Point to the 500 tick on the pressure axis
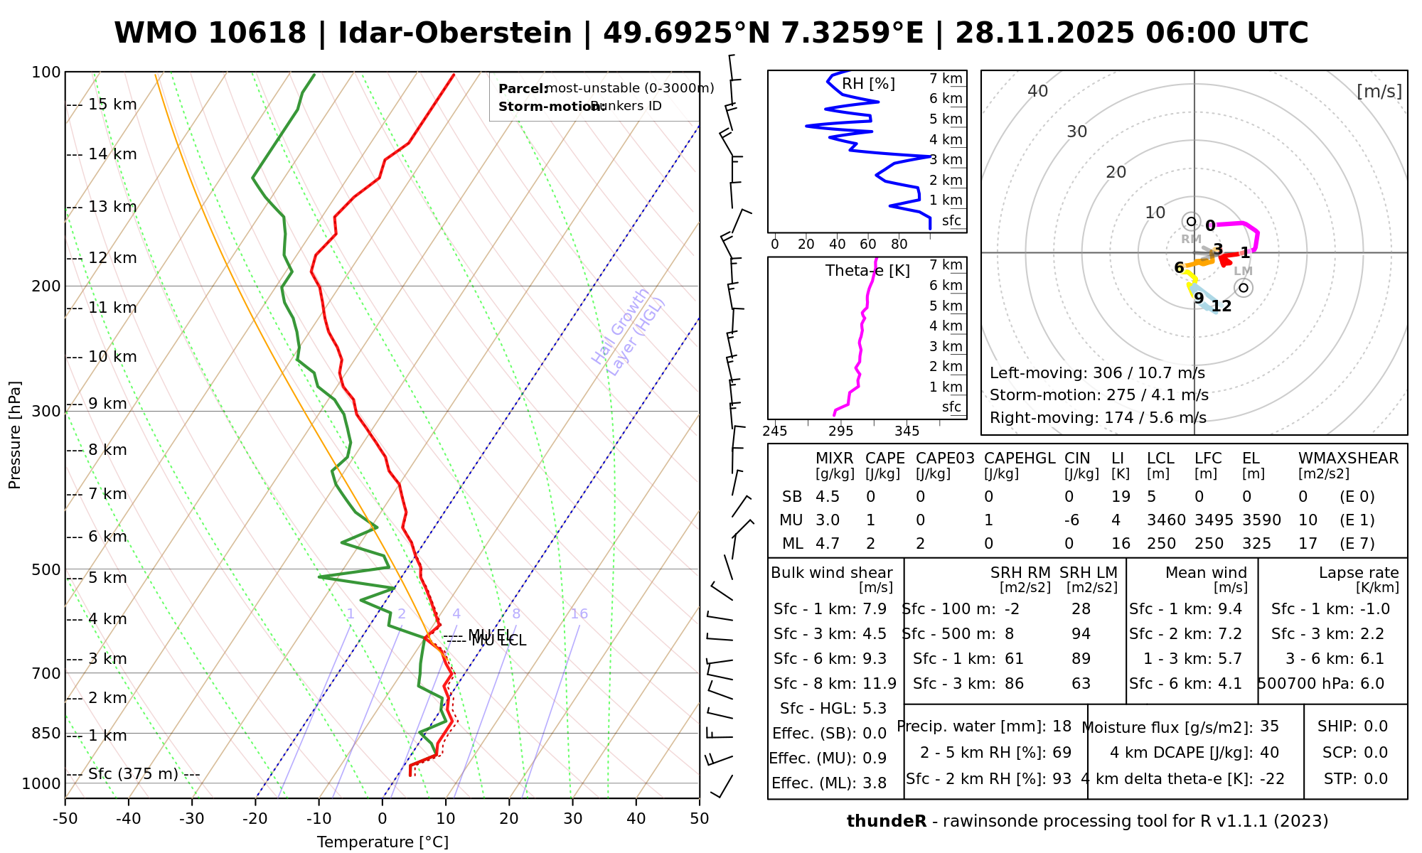coord(47,569)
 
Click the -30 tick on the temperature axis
coord(192,819)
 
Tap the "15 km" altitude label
coord(112,104)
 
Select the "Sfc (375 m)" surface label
coord(133,774)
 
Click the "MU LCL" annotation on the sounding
coord(498,641)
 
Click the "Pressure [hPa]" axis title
coord(15,435)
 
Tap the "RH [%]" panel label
coord(868,84)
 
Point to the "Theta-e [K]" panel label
coord(867,271)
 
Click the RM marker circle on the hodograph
coord(1192,222)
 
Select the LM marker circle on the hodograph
coord(1244,287)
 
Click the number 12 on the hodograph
coord(1221,306)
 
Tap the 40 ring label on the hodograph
coord(1038,91)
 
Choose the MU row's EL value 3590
coord(1261,520)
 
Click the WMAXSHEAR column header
coord(1348,458)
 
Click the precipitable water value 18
coord(1062,726)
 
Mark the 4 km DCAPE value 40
coord(1269,753)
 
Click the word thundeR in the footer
coord(886,822)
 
